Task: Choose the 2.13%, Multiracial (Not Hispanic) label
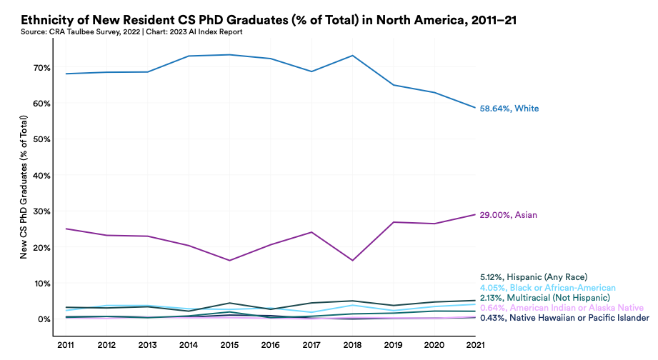tap(545, 297)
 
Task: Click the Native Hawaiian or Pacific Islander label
tap(564, 318)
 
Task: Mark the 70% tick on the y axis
tap(41, 68)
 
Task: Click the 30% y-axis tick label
tap(41, 211)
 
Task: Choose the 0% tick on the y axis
tap(44, 319)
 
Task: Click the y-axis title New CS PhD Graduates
tap(24, 189)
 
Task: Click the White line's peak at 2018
tap(353, 56)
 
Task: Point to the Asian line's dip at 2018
tap(353, 260)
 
